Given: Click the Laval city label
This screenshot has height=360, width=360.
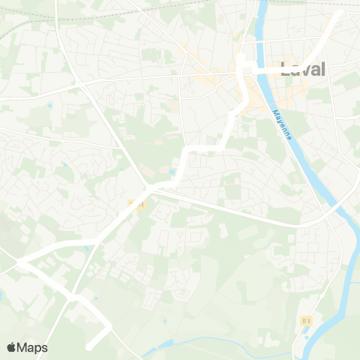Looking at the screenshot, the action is coord(303,70).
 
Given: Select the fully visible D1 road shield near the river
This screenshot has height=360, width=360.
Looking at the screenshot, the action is coord(305,320).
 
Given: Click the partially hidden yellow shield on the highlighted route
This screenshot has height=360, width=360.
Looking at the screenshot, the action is coord(134,203).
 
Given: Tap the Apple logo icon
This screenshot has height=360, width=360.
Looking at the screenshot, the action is coord(12,347).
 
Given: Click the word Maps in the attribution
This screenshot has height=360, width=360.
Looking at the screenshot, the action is coord(33,347).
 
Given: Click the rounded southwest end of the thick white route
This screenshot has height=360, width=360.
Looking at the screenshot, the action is coord(88,346).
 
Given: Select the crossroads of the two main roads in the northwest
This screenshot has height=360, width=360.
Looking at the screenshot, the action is coord(78,83).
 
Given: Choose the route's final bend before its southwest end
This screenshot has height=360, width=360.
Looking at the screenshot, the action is coord(110,327).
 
